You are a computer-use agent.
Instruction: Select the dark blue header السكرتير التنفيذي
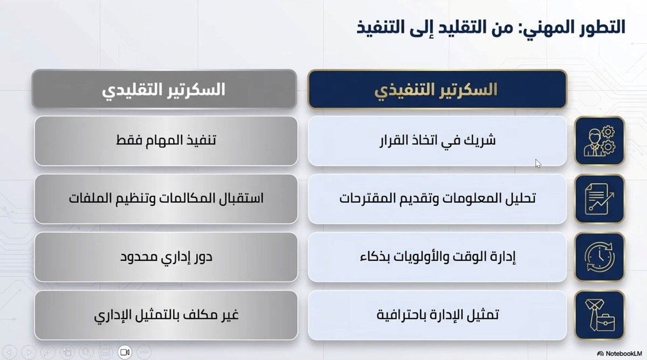coord(437,89)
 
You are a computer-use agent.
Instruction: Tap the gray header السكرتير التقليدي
coord(164,89)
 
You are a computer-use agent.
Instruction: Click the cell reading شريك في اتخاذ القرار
coord(437,141)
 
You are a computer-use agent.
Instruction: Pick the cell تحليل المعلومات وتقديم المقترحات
coord(437,199)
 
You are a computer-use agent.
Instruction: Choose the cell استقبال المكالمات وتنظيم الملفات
coord(166,199)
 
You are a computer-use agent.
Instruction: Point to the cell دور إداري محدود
coord(166,257)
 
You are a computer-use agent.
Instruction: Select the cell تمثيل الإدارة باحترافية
coord(437,315)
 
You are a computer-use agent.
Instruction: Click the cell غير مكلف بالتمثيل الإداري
coord(166,315)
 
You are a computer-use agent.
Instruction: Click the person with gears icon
coord(599,141)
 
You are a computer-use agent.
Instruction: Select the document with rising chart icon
coord(599,199)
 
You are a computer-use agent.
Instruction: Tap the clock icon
coord(599,257)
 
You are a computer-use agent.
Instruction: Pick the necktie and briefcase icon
coord(599,315)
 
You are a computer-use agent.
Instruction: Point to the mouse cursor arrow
coord(538,163)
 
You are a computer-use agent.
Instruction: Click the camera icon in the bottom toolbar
coord(125,352)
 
